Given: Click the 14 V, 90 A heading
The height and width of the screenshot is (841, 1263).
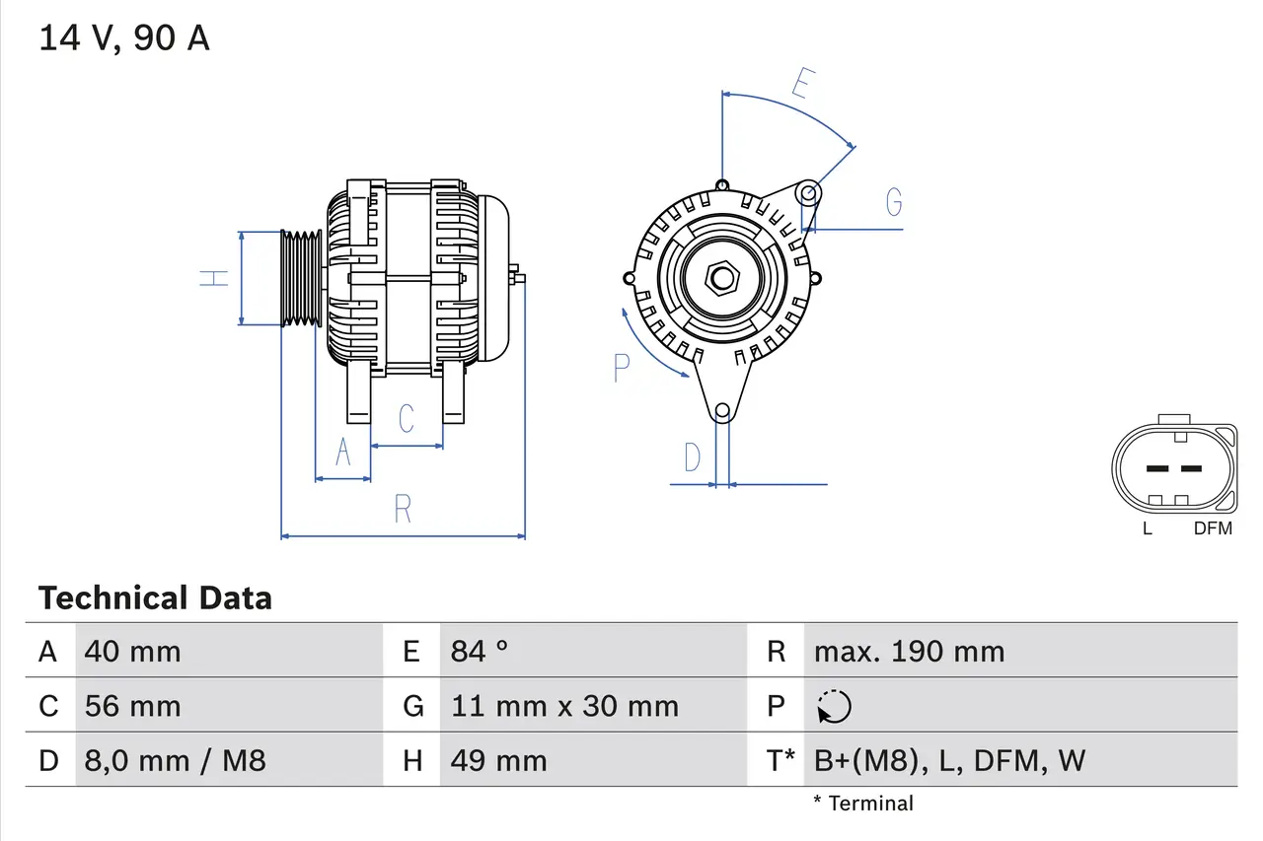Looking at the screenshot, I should click(x=123, y=38).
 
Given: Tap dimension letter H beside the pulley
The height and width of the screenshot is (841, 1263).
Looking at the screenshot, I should click(x=213, y=278).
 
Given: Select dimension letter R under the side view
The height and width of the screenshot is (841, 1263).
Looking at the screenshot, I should click(x=403, y=509).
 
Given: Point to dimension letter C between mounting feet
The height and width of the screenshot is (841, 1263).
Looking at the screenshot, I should click(x=407, y=418).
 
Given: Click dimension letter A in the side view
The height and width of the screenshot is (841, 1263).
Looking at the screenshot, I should click(x=343, y=452).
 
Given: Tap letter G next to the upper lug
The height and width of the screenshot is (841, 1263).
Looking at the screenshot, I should click(x=894, y=202).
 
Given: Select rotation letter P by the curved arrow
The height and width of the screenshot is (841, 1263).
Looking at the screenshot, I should click(x=621, y=368).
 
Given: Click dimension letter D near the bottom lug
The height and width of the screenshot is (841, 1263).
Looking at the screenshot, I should click(x=693, y=457).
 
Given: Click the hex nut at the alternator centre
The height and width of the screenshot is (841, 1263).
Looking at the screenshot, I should click(x=722, y=278).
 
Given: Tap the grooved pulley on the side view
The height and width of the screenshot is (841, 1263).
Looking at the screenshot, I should click(x=301, y=278).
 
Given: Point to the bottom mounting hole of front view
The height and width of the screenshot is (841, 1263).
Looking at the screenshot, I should click(x=722, y=410).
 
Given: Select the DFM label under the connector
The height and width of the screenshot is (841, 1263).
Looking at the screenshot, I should click(x=1213, y=528).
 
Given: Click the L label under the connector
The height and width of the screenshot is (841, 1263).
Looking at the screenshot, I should click(x=1148, y=528).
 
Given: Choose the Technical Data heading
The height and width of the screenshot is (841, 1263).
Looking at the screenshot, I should click(x=155, y=597).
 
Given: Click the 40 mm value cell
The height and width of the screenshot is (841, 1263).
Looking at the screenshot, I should click(x=132, y=651).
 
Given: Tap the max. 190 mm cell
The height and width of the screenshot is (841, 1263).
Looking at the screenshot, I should click(x=909, y=651).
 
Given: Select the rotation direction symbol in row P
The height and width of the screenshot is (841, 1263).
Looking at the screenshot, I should click(x=834, y=706).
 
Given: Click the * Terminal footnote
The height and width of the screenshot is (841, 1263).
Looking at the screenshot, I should click(x=863, y=803).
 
